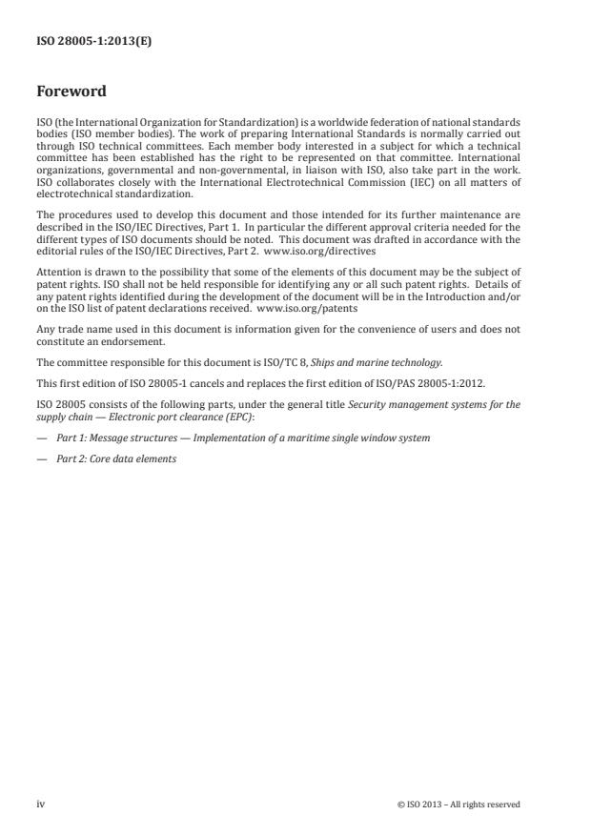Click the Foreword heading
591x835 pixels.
click(x=71, y=92)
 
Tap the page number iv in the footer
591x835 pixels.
click(x=40, y=804)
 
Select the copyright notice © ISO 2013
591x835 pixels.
click(x=459, y=804)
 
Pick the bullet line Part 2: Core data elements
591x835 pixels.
click(x=114, y=458)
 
